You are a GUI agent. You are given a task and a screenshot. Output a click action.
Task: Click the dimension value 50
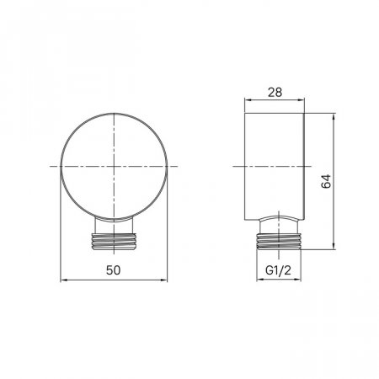114,270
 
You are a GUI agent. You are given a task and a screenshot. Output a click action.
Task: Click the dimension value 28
275,93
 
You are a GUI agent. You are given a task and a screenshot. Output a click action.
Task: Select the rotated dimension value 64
326,181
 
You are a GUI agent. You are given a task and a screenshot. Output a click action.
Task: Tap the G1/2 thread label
278,270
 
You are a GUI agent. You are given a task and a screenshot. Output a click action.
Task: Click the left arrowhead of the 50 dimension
63,280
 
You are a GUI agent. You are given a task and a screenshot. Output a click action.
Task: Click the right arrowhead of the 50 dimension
164,280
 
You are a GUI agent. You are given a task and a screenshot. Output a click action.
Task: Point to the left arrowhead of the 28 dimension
248,99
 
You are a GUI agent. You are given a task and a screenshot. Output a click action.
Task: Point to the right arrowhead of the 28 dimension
302,99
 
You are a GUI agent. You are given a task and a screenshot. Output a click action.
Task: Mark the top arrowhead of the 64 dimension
334,116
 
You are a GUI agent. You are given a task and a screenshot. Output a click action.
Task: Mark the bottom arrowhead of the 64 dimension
334,246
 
